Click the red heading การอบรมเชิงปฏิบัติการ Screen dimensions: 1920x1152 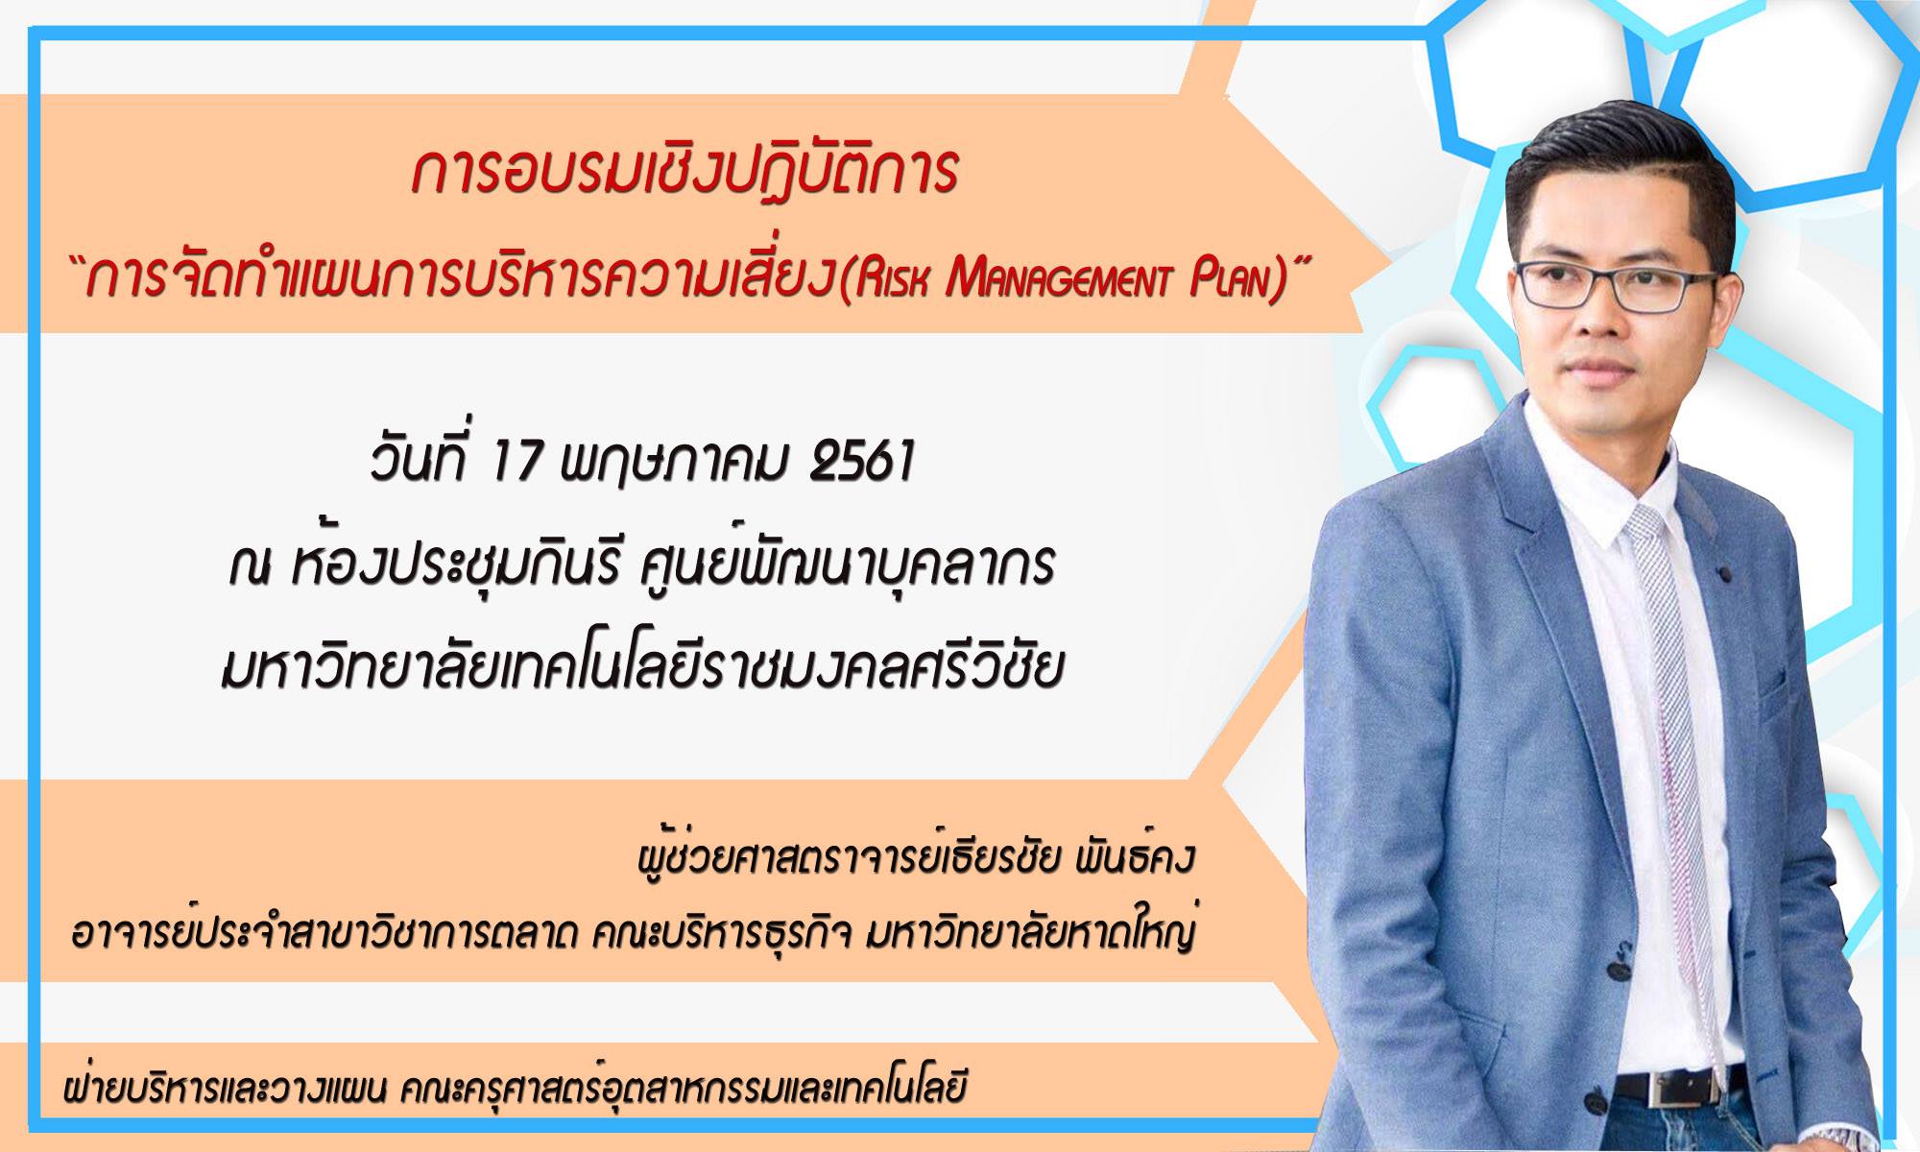pos(684,171)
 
